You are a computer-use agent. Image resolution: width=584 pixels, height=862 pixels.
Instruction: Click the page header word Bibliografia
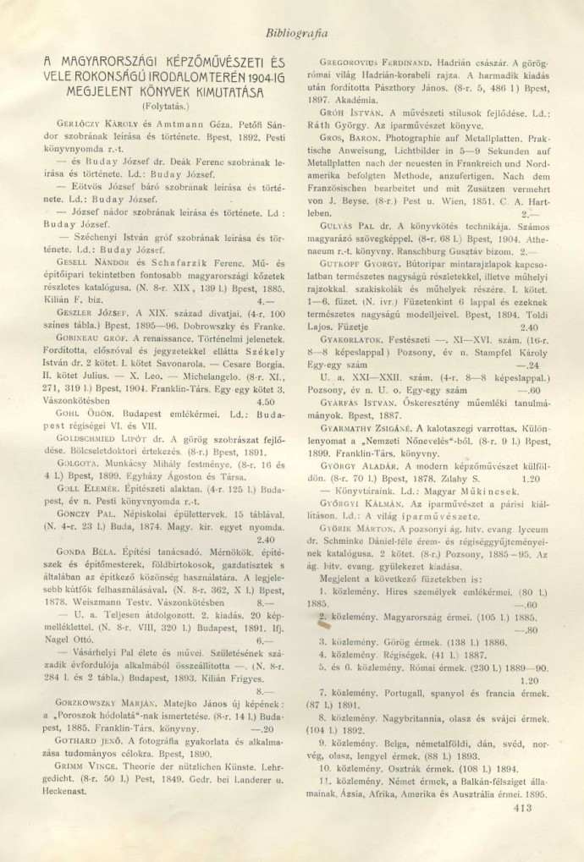296,32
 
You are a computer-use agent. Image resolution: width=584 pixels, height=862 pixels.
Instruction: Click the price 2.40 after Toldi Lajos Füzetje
527,327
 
